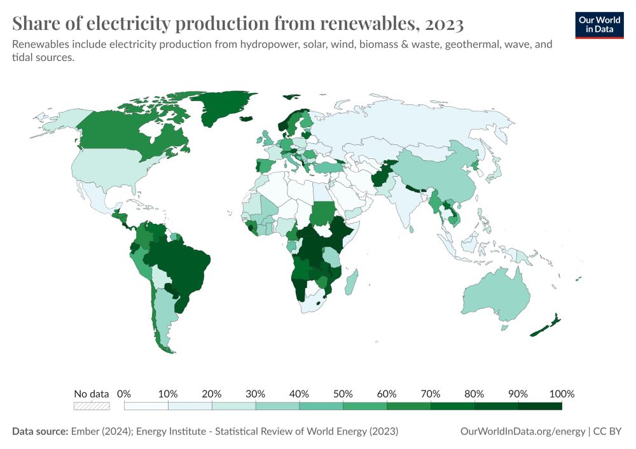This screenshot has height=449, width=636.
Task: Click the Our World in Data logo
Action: (x=598, y=25)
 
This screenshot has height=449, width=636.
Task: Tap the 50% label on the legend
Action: (x=343, y=394)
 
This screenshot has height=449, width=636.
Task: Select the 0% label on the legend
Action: (x=124, y=394)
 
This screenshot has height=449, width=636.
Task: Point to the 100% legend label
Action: (x=562, y=394)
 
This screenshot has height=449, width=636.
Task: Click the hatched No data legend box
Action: (x=91, y=406)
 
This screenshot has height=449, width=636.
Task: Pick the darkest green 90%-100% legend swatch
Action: (x=540, y=406)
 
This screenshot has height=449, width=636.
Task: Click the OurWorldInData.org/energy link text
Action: (x=522, y=431)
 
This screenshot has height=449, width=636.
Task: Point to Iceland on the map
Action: (x=246, y=119)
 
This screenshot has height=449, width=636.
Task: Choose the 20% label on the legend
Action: (x=211, y=394)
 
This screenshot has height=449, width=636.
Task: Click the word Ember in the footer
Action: (x=85, y=431)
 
